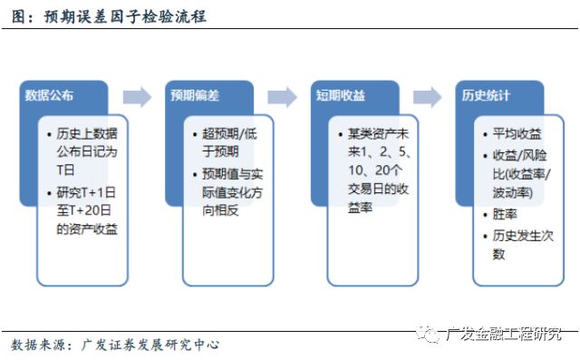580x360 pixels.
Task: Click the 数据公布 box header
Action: pyautogui.click(x=50, y=95)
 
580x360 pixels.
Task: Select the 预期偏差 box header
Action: pyautogui.click(x=195, y=95)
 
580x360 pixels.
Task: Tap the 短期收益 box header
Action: pyautogui.click(x=340, y=95)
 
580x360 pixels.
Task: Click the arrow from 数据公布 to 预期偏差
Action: pyautogui.click(x=137, y=96)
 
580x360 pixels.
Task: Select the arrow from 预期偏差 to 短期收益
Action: pyautogui.click(x=282, y=96)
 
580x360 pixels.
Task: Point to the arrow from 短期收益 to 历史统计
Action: pyautogui.click(x=427, y=96)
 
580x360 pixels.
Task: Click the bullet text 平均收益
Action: pyautogui.click(x=517, y=133)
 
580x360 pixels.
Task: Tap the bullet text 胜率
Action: pyautogui.click(x=505, y=216)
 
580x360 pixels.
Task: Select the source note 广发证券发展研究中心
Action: pyautogui.click(x=150, y=345)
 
